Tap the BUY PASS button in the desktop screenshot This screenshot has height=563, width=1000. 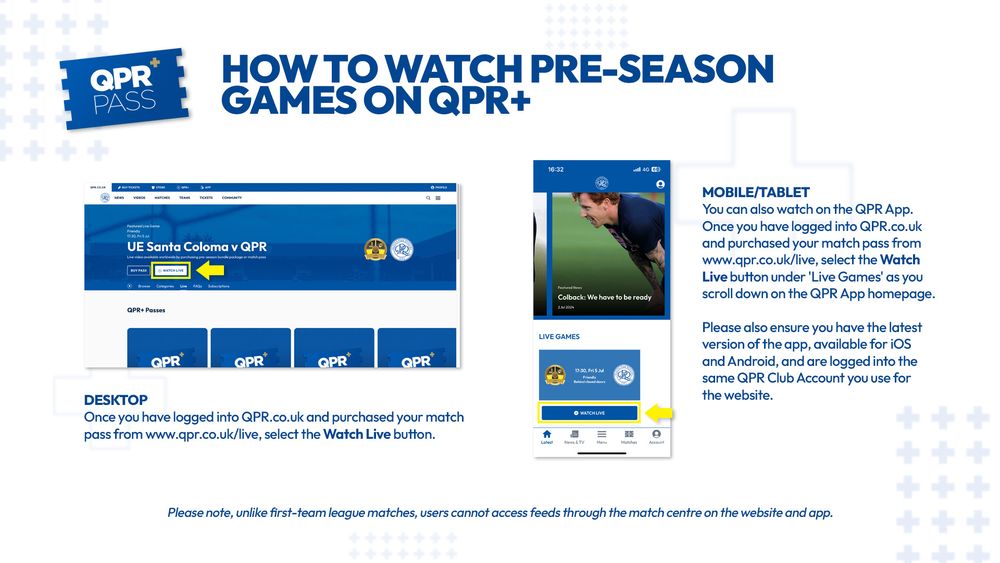(x=137, y=270)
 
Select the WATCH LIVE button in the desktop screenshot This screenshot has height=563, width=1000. (x=171, y=270)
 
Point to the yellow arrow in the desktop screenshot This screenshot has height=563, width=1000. (x=210, y=270)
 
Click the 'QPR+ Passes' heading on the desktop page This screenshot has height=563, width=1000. (x=146, y=310)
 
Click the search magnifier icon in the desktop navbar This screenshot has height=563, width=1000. (x=427, y=198)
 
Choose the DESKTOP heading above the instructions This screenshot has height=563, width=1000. (x=115, y=400)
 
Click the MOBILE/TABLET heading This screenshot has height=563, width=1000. (x=755, y=192)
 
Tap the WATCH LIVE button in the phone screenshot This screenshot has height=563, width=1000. (x=588, y=412)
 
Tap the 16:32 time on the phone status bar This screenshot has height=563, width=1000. (x=556, y=169)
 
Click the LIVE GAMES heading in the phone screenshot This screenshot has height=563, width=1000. (x=559, y=336)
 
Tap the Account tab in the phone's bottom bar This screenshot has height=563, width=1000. (x=656, y=436)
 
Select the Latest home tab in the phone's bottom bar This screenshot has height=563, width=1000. (x=546, y=436)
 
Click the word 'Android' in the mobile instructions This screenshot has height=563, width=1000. (x=729, y=361)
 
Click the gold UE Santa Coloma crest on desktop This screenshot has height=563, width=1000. (x=376, y=250)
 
